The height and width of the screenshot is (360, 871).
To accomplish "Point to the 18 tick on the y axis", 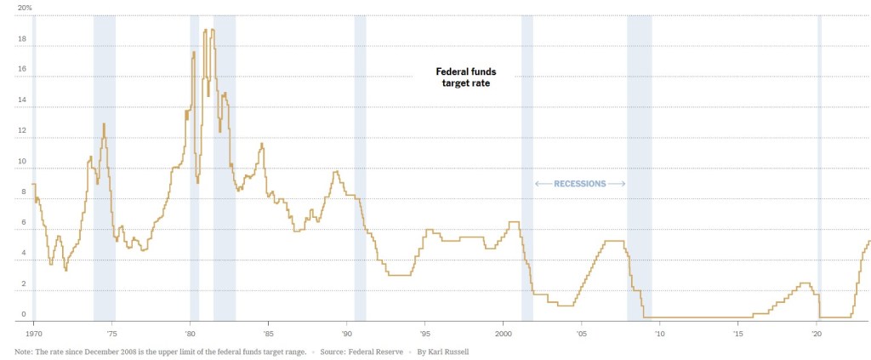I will [x=22, y=39].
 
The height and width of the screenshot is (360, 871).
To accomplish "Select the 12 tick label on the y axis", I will [x=22, y=131].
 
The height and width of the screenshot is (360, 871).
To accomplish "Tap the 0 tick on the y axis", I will [x=23, y=315].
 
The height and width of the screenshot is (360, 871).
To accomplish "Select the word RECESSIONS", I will [x=580, y=184].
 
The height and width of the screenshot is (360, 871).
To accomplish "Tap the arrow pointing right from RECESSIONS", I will [x=618, y=184].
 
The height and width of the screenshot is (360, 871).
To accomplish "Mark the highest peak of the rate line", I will [x=206, y=30].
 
